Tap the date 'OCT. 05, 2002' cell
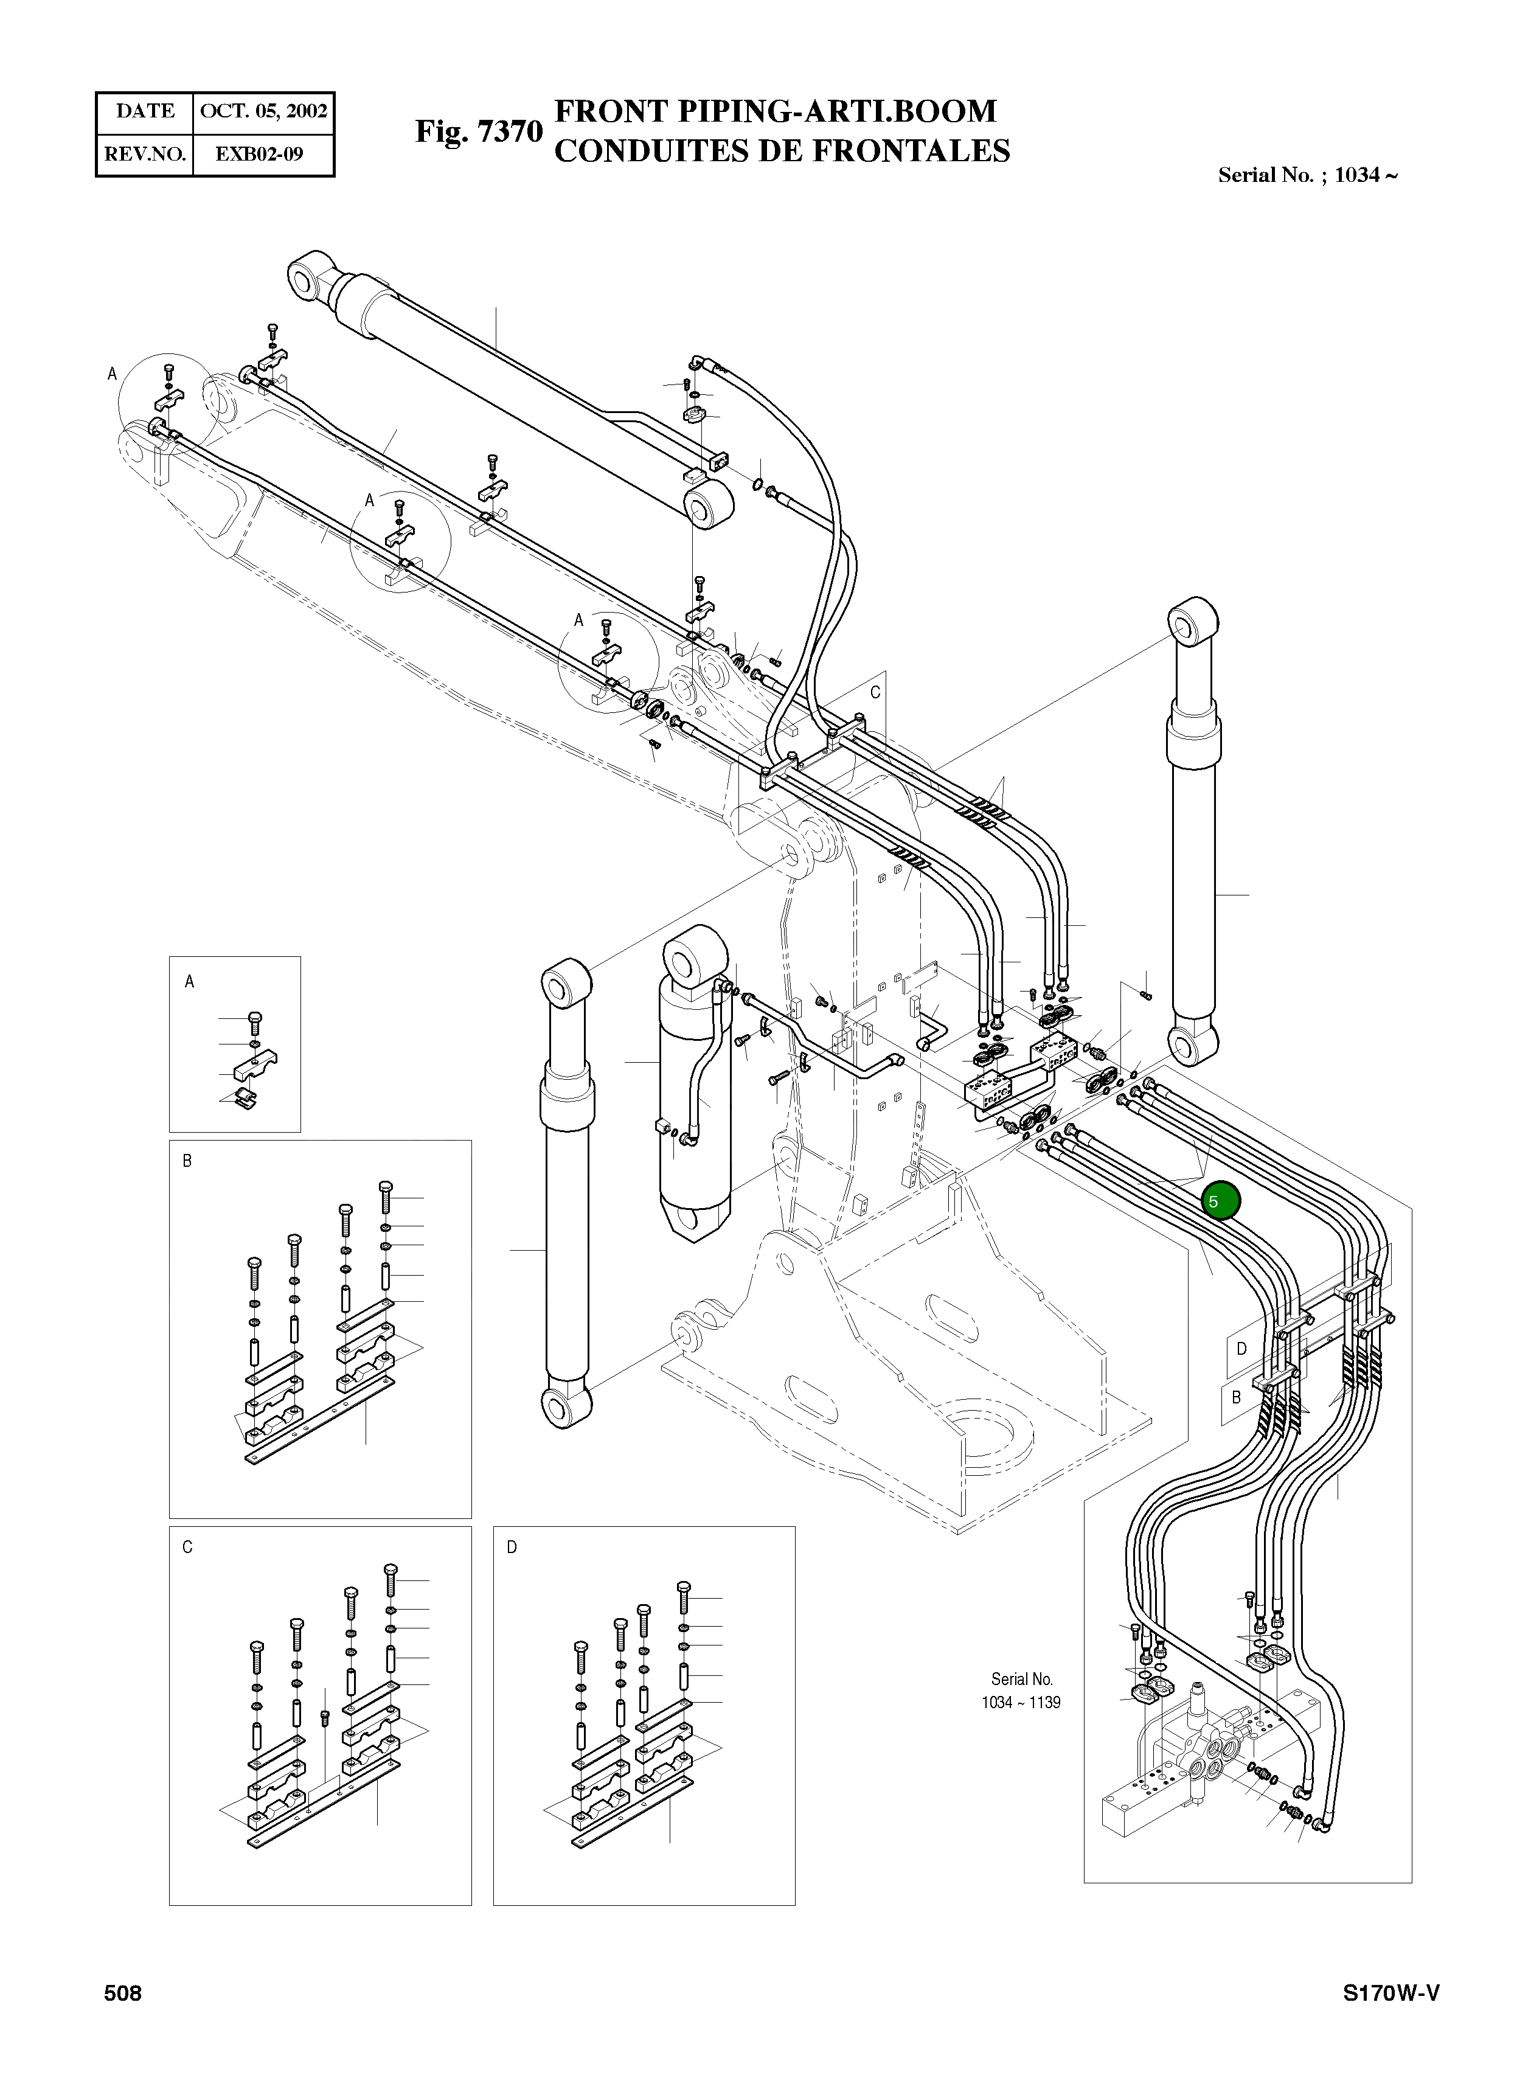(x=263, y=112)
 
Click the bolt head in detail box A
(x=257, y=1018)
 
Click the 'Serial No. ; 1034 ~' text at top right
(x=1307, y=175)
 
